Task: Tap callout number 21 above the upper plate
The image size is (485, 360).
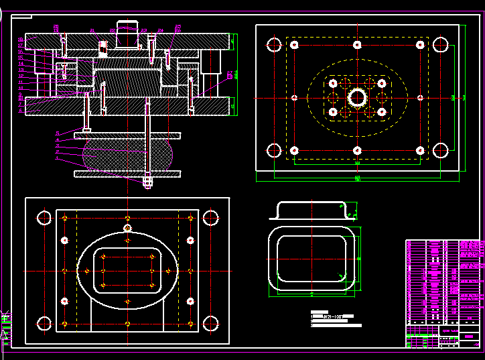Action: click(93, 31)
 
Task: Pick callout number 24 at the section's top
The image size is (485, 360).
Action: click(161, 31)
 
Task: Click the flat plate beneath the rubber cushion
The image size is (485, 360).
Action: click(127, 174)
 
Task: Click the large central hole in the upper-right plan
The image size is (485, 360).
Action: click(357, 98)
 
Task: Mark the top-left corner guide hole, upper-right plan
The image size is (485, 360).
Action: click(274, 45)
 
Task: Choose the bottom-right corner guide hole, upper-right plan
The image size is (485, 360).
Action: click(440, 150)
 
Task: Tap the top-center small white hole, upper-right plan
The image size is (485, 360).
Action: click(357, 45)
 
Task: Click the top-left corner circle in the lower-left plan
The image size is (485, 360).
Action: click(44, 218)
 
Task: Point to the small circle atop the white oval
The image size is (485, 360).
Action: click(127, 229)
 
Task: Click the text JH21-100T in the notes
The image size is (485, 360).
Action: click(334, 315)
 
